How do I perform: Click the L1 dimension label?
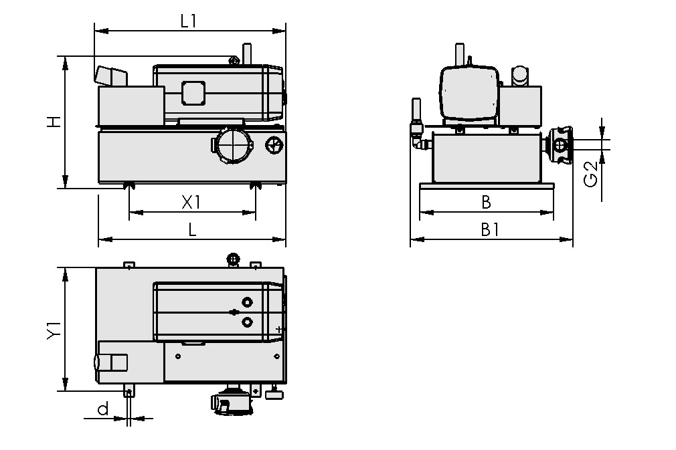(189, 21)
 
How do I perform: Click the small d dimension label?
(102, 409)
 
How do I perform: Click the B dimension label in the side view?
(487, 202)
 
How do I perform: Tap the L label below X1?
(192, 229)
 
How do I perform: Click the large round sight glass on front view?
(232, 144)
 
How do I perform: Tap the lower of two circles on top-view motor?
(248, 322)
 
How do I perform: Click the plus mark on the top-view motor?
(278, 330)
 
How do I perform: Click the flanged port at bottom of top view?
(231, 402)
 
